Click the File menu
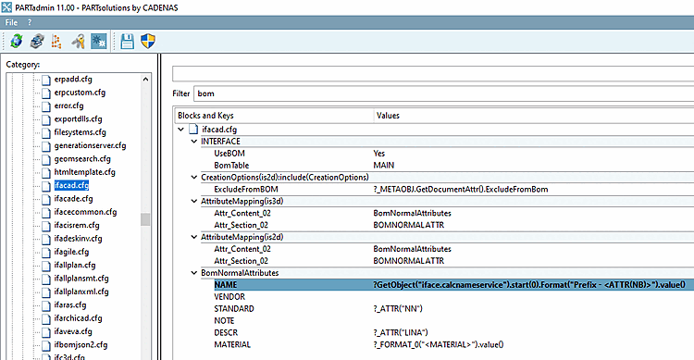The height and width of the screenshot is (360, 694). pyautogui.click(x=10, y=21)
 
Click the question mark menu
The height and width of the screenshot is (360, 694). pyautogui.click(x=29, y=21)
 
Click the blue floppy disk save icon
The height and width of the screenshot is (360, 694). pyautogui.click(x=127, y=42)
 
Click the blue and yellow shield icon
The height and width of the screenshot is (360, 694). pyautogui.click(x=147, y=42)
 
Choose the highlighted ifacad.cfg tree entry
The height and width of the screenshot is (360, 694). pyautogui.click(x=71, y=186)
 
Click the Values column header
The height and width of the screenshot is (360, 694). pyautogui.click(x=389, y=115)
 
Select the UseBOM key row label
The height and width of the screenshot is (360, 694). pyautogui.click(x=230, y=154)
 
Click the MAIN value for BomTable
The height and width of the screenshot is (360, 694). pyautogui.click(x=384, y=165)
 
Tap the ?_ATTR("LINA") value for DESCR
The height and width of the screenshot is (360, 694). pyautogui.click(x=402, y=332)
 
